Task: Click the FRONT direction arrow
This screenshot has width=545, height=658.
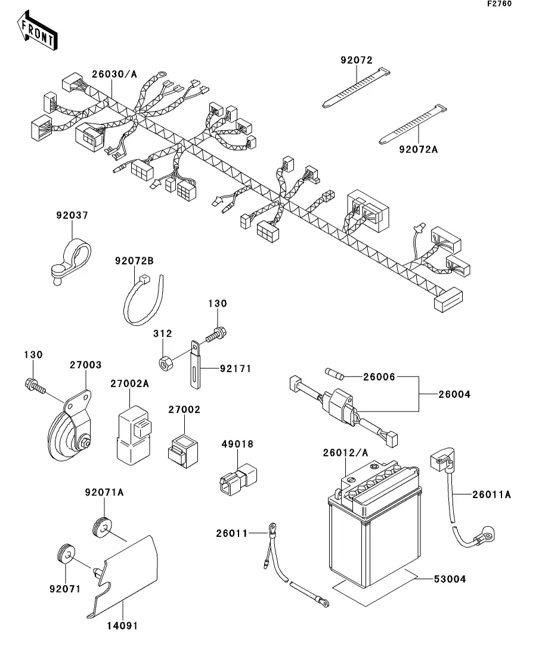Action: [37, 31]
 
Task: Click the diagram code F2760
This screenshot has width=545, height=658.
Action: [499, 4]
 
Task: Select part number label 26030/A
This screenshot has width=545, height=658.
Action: [114, 75]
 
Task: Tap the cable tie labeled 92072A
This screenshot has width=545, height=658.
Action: [413, 124]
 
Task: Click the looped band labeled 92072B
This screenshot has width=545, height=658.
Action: [143, 299]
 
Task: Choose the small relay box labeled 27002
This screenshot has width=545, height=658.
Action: [183, 451]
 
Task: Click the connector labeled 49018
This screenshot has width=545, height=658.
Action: [237, 479]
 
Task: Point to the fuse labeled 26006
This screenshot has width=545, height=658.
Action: [335, 374]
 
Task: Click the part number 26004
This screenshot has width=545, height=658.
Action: [454, 394]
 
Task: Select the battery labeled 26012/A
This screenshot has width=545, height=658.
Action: [374, 524]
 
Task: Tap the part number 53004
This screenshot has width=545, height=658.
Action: [450, 579]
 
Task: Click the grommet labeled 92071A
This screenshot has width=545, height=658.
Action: [103, 527]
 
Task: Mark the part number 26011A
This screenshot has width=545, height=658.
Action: [492, 495]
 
